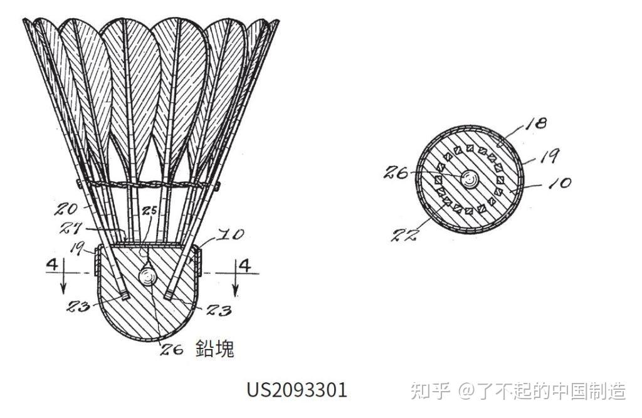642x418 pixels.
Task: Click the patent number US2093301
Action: [x=297, y=390]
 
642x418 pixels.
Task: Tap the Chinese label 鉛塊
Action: [x=215, y=348]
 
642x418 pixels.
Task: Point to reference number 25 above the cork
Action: [x=149, y=211]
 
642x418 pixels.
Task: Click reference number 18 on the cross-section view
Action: [x=537, y=123]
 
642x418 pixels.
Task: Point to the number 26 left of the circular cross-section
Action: [x=397, y=172]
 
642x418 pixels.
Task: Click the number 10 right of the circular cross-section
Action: [x=560, y=184]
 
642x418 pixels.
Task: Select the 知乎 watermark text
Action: [x=430, y=391]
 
